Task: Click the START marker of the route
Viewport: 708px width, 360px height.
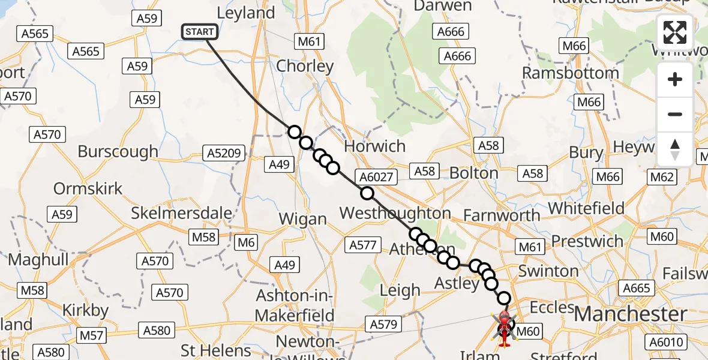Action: [x=200, y=32]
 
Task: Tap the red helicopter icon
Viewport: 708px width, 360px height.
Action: [x=504, y=328]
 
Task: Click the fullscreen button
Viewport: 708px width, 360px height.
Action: [x=675, y=32]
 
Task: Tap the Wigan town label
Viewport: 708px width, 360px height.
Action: [x=303, y=219]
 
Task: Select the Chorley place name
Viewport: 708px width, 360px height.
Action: [x=305, y=66]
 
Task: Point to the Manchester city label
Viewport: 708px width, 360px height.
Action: [x=630, y=314]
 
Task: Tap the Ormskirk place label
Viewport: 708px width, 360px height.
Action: [x=88, y=188]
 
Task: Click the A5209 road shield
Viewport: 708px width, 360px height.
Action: [x=224, y=154]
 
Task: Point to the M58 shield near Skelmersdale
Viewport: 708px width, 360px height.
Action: [x=203, y=237]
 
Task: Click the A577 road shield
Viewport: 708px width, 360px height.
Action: [x=362, y=244]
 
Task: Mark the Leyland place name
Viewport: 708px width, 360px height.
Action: [x=245, y=13]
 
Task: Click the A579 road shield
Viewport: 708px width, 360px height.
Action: [x=383, y=325]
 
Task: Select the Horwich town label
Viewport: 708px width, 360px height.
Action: [x=375, y=146]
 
